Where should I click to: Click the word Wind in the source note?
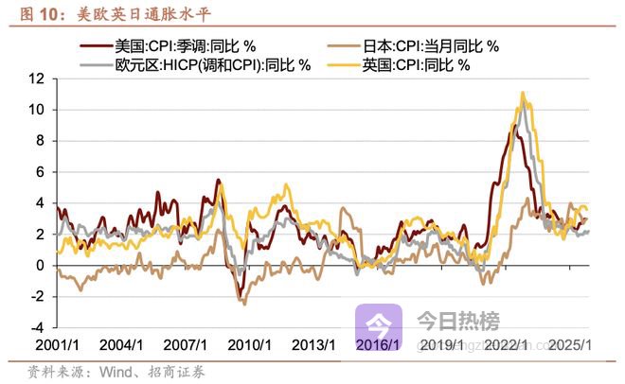pos(111,371)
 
